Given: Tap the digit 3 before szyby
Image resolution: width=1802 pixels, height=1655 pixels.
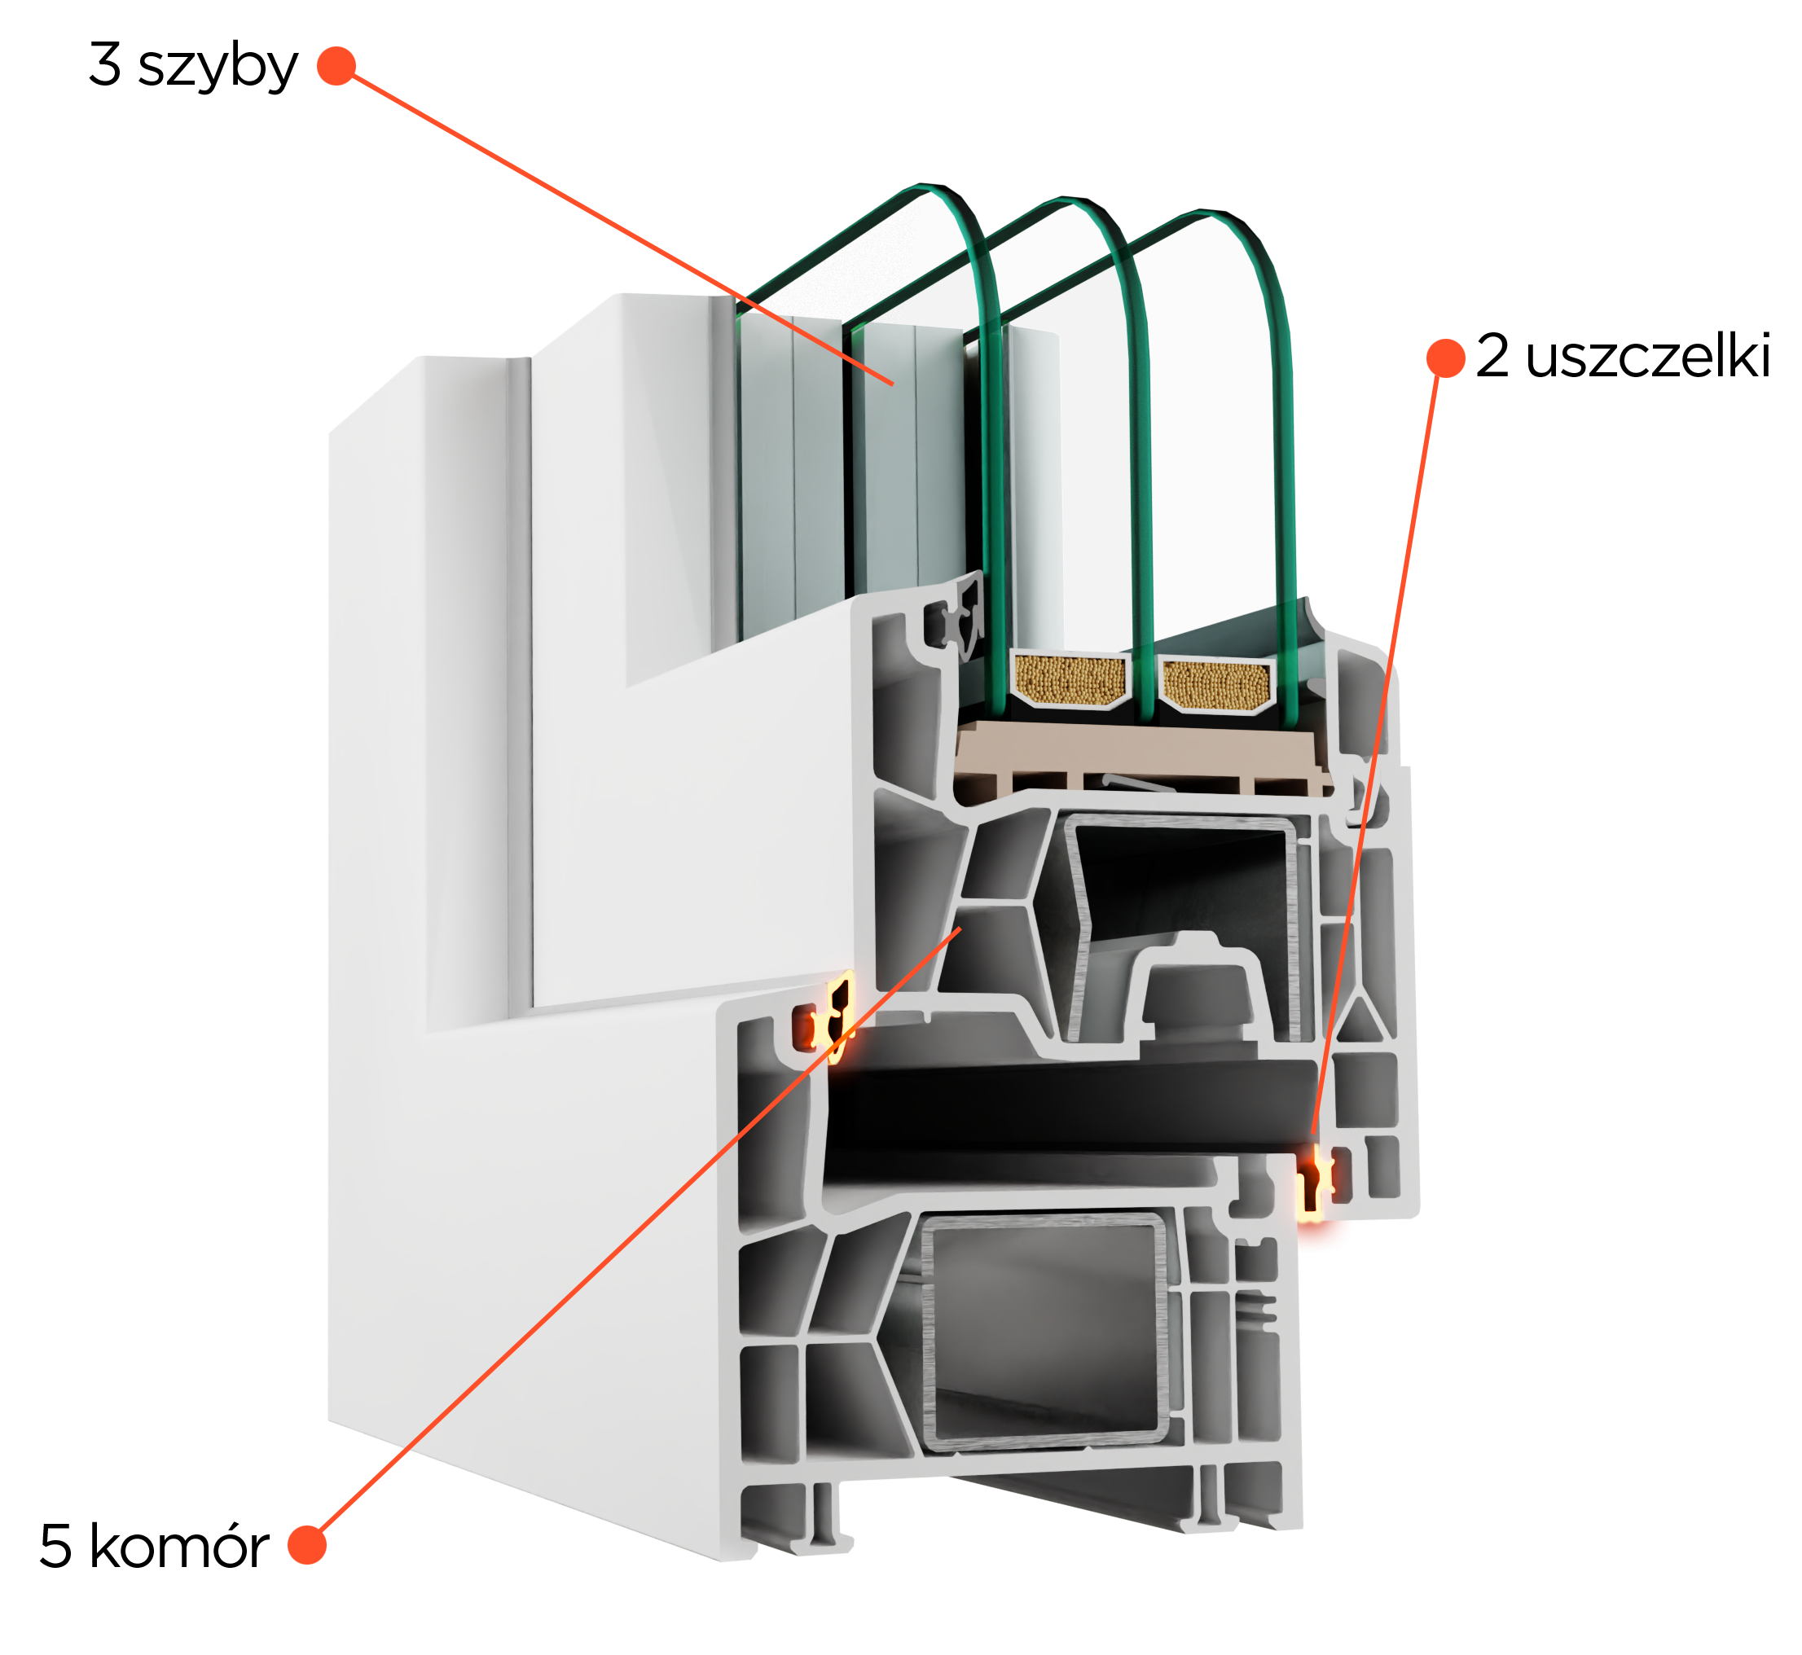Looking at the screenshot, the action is point(105,64).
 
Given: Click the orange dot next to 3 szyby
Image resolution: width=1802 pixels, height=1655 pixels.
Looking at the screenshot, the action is point(336,65).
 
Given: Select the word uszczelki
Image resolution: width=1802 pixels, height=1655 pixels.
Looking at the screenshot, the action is point(1647,357).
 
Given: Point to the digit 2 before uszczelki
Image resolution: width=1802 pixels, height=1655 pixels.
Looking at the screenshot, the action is point(1492,354).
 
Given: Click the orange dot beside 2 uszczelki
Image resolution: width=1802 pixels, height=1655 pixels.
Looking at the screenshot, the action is point(1445,358).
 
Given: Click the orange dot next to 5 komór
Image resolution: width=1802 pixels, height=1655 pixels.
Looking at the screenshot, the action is point(307,1545).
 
